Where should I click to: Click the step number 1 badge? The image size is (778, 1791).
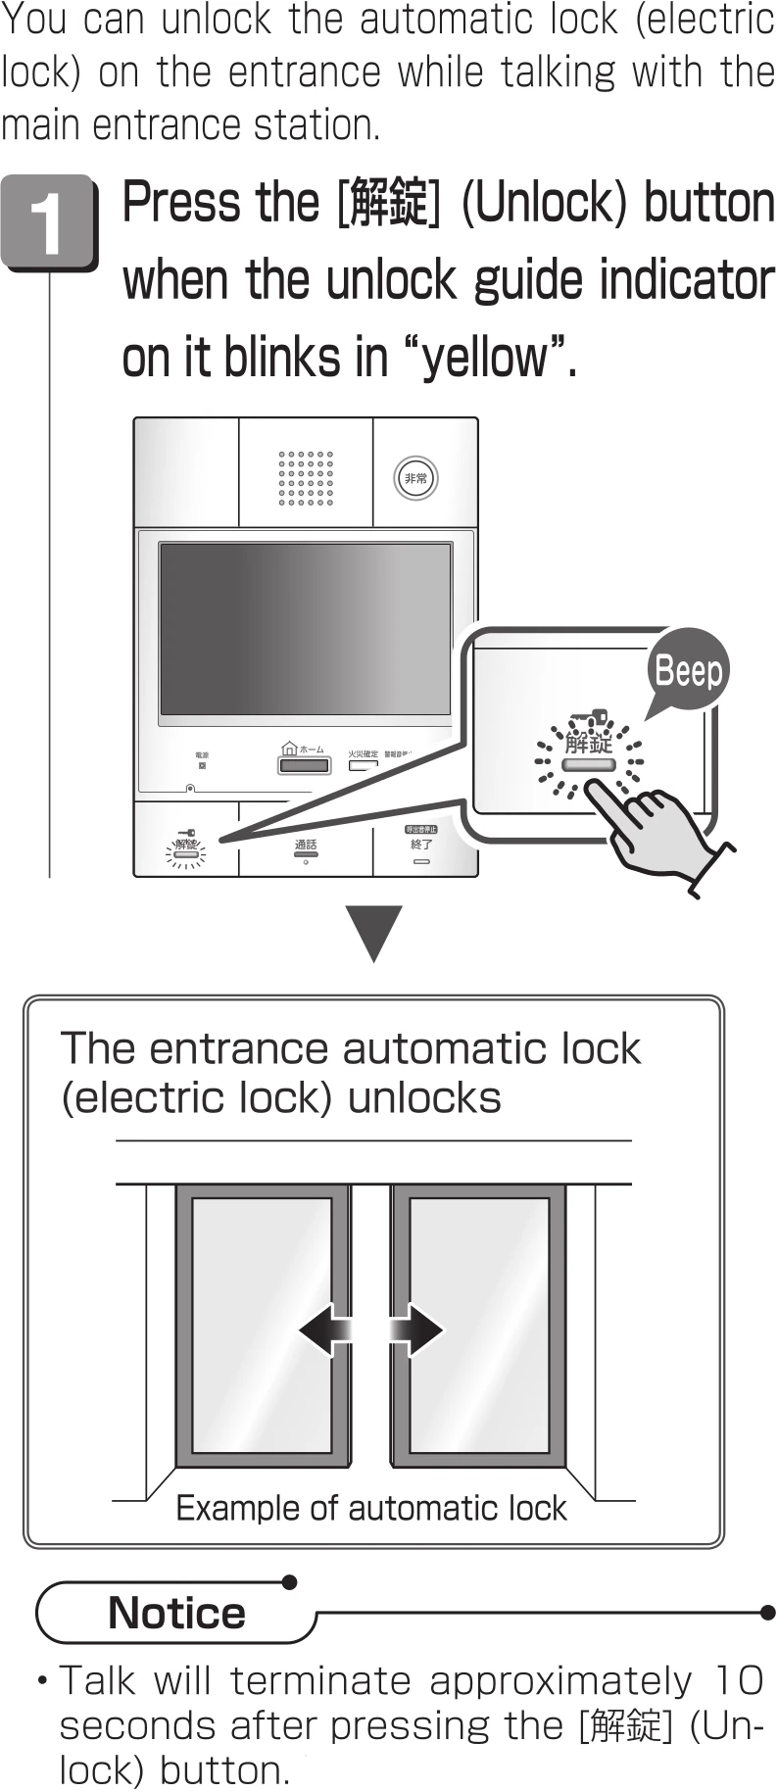pyautogui.click(x=48, y=221)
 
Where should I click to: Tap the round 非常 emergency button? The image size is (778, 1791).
pyautogui.click(x=415, y=478)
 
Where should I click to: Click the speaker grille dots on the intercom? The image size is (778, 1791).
pyautogui.click(x=306, y=478)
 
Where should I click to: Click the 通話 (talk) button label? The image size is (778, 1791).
pyautogui.click(x=306, y=845)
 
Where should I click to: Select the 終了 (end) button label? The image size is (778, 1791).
pyautogui.click(x=421, y=844)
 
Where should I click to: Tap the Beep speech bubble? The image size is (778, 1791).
pyautogui.click(x=688, y=672)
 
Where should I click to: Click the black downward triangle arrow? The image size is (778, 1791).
pyautogui.click(x=374, y=934)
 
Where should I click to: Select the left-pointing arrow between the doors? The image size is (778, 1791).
pyautogui.click(x=321, y=1330)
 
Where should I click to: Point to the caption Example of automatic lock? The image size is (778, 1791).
pyautogui.click(x=370, y=1508)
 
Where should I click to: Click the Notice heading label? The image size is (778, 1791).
pyautogui.click(x=176, y=1613)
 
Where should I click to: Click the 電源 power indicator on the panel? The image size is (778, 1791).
pyautogui.click(x=202, y=760)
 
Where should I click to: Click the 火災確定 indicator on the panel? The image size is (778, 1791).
pyautogui.click(x=363, y=759)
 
